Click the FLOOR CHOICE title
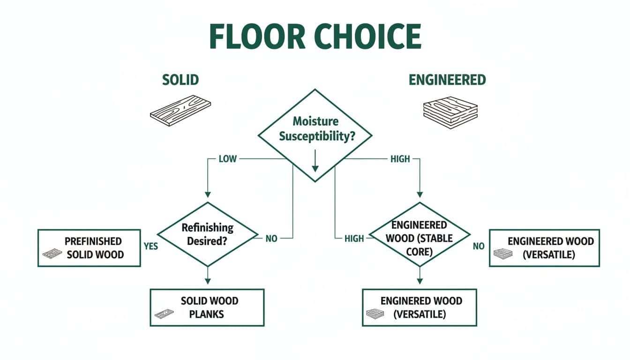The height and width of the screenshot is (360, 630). tap(315, 37)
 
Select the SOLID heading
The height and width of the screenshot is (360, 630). tap(180, 80)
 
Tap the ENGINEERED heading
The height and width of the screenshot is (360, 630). tap(447, 80)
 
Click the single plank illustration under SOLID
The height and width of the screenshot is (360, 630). tap(180, 109)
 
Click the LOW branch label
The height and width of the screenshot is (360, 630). tap(228, 159)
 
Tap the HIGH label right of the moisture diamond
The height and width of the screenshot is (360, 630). tap(400, 159)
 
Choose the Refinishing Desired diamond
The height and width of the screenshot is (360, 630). tap(207, 234)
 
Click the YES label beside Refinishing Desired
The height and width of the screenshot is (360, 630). tap(151, 246)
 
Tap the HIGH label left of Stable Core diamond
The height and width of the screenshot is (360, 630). tap(354, 239)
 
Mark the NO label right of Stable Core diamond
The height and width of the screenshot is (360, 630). tap(479, 246)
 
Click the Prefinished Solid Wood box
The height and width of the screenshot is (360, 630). tap(89, 248)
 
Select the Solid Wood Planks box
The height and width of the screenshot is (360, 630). tap(207, 307)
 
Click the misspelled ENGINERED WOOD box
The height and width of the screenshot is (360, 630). tap(420, 307)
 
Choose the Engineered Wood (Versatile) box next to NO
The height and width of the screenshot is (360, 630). tap(544, 248)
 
